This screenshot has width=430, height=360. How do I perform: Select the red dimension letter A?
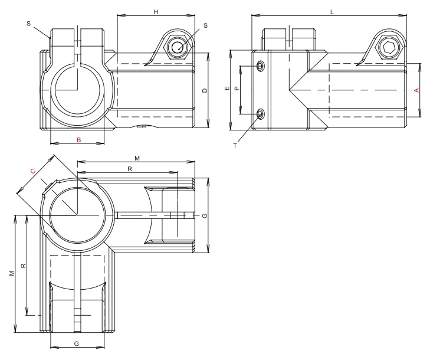click(416, 90)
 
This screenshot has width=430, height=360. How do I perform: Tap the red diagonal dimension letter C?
click(33, 171)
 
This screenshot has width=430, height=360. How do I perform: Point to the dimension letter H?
click(156, 12)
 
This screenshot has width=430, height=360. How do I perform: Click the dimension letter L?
click(331, 12)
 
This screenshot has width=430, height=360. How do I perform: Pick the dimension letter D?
click(204, 90)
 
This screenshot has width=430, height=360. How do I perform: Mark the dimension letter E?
click(227, 89)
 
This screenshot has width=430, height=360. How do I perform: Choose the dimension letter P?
click(237, 89)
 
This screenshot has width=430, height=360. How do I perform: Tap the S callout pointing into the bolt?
click(205, 25)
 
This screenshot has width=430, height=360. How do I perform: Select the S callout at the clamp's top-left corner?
click(29, 24)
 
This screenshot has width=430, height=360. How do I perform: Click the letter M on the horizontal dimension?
click(137, 158)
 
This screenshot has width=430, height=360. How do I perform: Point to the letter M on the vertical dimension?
click(12, 275)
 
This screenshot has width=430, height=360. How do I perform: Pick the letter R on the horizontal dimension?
click(130, 169)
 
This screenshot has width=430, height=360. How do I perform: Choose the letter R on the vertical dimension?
click(22, 266)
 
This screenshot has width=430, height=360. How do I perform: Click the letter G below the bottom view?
click(77, 343)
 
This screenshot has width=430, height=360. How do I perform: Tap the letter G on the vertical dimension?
click(204, 216)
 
